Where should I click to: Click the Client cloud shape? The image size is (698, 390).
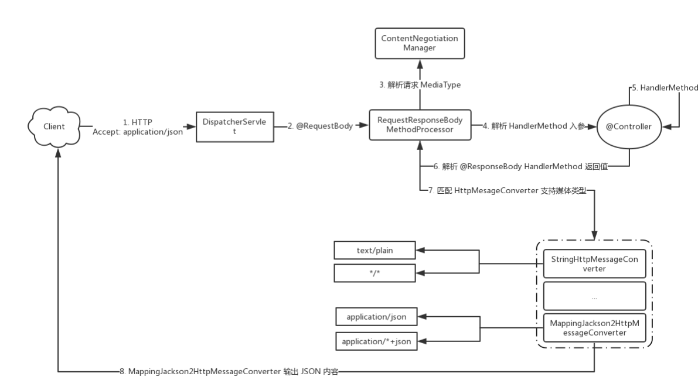click(x=54, y=126)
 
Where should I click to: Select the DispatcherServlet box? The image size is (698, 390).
click(x=234, y=126)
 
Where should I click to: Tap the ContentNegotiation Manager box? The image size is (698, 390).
click(x=420, y=43)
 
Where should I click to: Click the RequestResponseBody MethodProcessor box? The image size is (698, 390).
click(x=420, y=125)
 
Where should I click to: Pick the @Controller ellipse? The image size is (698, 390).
click(x=628, y=126)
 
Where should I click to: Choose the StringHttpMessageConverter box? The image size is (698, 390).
click(x=594, y=264)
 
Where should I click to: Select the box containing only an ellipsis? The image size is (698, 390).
click(x=594, y=296)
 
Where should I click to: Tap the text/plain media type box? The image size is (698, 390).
click(x=374, y=251)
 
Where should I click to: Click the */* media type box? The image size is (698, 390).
click(x=374, y=272)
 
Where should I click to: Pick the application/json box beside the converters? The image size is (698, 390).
click(x=376, y=317)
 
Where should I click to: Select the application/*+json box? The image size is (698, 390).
click(x=376, y=341)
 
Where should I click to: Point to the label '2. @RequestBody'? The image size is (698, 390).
click(x=321, y=126)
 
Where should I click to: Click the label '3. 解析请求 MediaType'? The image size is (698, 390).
click(x=420, y=85)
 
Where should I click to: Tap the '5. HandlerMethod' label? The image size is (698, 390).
click(x=664, y=88)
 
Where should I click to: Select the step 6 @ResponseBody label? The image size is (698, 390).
click(x=520, y=166)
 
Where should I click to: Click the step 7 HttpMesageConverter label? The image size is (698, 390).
click(x=507, y=190)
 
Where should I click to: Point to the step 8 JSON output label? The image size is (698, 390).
click(x=229, y=371)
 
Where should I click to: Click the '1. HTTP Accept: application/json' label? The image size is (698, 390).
click(x=138, y=127)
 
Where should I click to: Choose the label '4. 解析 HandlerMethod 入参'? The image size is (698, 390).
click(x=533, y=126)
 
